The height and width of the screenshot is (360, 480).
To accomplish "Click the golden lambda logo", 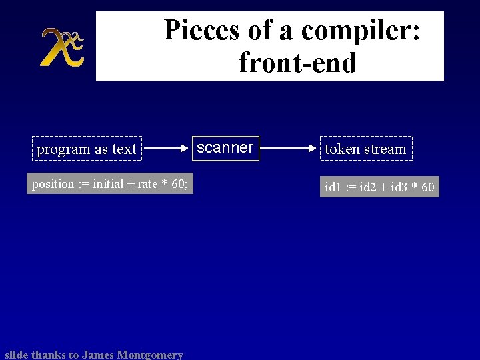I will [x=61, y=47].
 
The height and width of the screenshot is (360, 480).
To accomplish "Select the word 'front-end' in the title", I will [x=297, y=63].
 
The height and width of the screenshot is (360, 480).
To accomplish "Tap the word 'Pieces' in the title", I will [x=197, y=30].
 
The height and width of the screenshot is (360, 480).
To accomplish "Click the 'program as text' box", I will [x=87, y=149].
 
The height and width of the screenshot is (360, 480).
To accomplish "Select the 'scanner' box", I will [x=225, y=147].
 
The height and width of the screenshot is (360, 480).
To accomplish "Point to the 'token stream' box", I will [x=365, y=149].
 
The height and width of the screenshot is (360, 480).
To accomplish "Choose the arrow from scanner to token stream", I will [x=288, y=149].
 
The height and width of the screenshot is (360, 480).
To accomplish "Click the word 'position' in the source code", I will [x=53, y=184].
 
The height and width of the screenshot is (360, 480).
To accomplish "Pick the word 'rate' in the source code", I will [x=148, y=184].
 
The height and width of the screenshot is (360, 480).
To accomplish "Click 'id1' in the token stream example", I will [x=333, y=187].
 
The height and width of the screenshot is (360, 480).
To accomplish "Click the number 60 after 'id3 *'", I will [x=427, y=187].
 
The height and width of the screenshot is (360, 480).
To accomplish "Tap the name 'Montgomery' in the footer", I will [x=150, y=355].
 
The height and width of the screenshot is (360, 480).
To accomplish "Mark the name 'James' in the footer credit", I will [x=98, y=355].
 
